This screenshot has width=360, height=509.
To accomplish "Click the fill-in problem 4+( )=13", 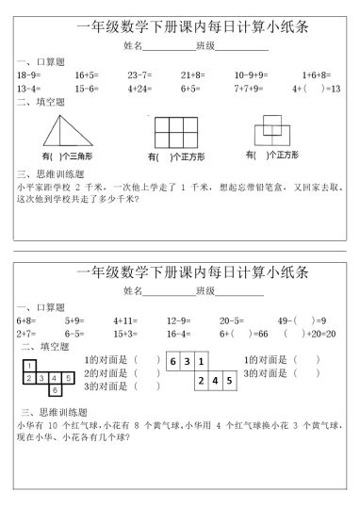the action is (x=317, y=88).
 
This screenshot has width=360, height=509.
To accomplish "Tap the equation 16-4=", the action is (x=180, y=334).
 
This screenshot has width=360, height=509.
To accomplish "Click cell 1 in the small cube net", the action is (x=32, y=365).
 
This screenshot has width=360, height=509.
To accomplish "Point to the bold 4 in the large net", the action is (x=217, y=381).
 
